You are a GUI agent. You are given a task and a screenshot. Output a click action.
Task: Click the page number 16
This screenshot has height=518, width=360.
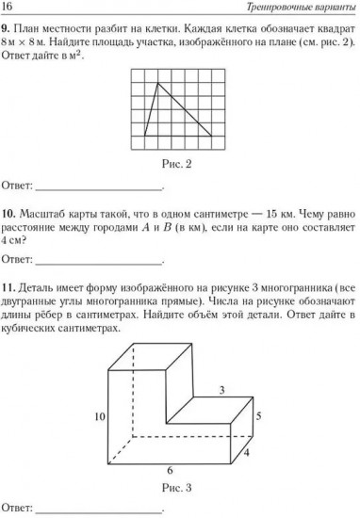pyautogui.click(x=9, y=8)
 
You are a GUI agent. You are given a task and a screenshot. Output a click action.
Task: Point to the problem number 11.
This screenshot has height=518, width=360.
pyautogui.click(x=9, y=287)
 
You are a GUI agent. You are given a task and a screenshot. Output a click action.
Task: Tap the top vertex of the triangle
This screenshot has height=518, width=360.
pyautogui.click(x=156, y=84)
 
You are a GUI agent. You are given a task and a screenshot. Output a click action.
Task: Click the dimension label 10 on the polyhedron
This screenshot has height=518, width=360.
pyautogui.click(x=96, y=414)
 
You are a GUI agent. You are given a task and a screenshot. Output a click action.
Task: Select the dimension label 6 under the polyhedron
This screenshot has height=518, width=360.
pyautogui.click(x=170, y=471)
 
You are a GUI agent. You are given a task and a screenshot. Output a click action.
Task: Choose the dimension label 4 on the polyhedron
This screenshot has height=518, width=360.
pyautogui.click(x=247, y=451)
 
